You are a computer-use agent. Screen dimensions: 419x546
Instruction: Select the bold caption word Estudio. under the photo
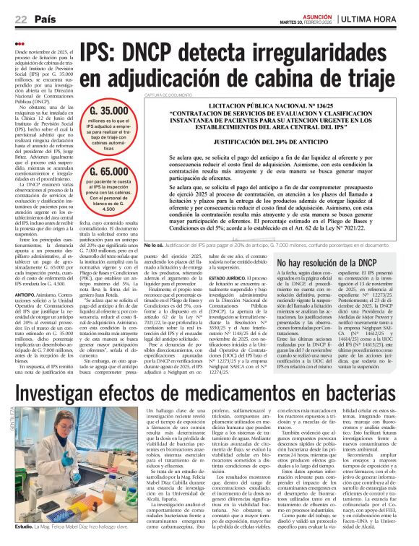[x=25, y=527]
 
